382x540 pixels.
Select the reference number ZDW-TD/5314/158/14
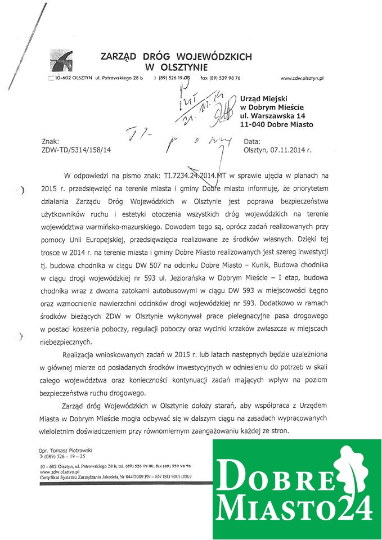click(x=77, y=150)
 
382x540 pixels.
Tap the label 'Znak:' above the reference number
click(x=51, y=142)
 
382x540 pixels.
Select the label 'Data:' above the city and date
click(x=252, y=142)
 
